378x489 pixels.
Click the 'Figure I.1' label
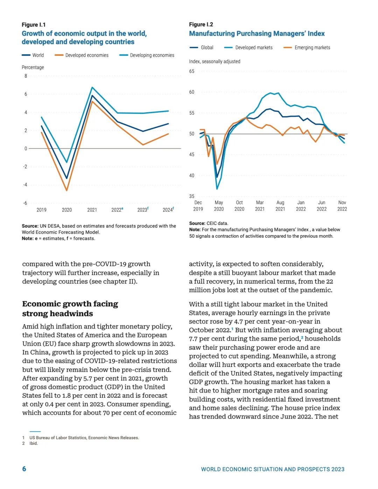coord(34,24)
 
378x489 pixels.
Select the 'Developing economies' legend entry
coord(147,55)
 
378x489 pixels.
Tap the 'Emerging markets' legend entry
coord(307,48)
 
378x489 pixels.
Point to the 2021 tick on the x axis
coord(92,210)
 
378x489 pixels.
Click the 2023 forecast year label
coord(143,210)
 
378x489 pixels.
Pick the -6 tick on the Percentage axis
coord(25,203)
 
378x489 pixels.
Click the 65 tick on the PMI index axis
coord(191,71)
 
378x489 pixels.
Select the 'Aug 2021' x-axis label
coord(280,206)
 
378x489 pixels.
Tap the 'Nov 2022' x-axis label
coord(342,206)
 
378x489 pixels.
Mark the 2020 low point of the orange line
coord(66,191)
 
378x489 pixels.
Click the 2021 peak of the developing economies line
coord(92,87)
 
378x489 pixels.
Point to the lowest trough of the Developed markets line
coord(217,189)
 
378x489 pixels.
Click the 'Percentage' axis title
coord(33,67)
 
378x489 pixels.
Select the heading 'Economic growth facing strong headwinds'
coord(70,309)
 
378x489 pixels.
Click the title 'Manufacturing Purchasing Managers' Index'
coord(257,34)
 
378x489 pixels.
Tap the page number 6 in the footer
coord(24,469)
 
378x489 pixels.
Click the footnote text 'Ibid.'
coord(34,443)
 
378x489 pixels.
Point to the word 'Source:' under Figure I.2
coord(197,223)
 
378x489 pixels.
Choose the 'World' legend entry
coord(33,55)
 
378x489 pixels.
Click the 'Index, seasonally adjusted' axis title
coord(215,62)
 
